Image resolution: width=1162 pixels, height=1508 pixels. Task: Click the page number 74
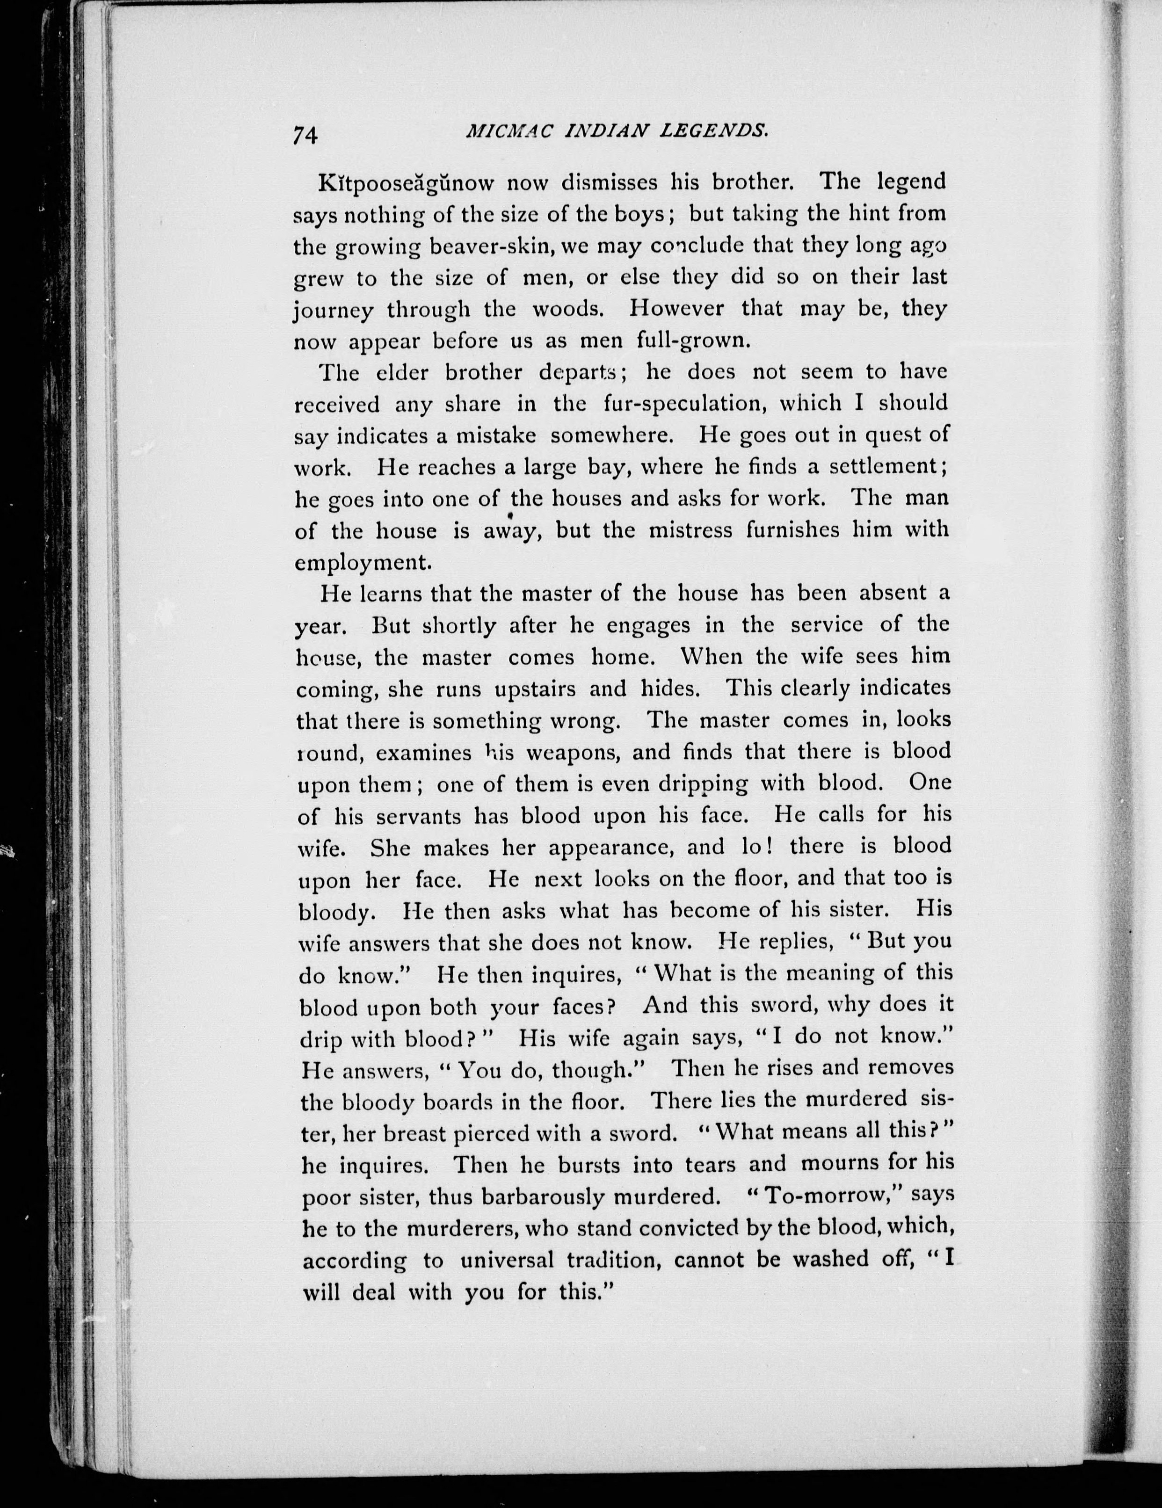tap(305, 135)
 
